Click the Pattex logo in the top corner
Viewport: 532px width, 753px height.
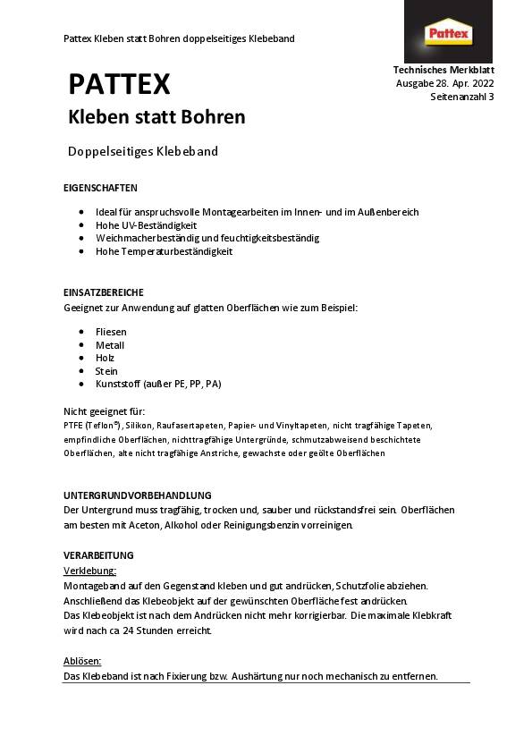(x=449, y=34)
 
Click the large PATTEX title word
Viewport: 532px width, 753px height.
(x=119, y=84)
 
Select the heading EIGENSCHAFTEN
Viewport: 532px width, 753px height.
(x=100, y=189)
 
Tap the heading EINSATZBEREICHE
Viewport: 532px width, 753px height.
(x=104, y=292)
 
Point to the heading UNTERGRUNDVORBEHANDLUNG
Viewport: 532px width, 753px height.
(x=137, y=495)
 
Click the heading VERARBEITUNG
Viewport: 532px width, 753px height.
(x=98, y=554)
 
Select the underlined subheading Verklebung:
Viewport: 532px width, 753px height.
(x=90, y=570)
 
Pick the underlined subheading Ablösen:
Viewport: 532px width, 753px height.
(x=82, y=661)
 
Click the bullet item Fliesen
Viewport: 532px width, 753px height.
(x=111, y=332)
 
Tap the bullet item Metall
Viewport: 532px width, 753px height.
(x=110, y=345)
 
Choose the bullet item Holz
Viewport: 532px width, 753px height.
(x=105, y=358)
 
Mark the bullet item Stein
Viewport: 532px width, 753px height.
(x=106, y=371)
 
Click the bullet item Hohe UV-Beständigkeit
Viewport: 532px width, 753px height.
(x=146, y=225)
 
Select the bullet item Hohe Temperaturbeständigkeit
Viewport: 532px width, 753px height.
(x=164, y=251)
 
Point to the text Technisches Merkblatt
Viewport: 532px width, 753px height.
(x=443, y=70)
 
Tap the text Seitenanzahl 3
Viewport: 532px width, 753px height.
(x=461, y=97)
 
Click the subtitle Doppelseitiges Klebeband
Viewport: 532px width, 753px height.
(x=143, y=151)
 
